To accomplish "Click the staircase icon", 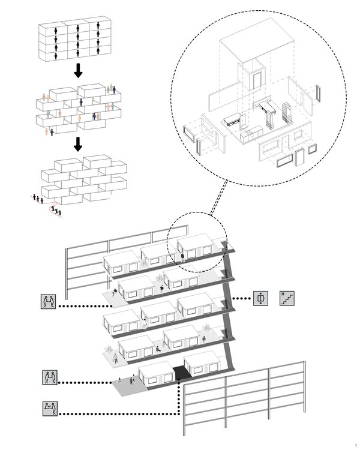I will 287,298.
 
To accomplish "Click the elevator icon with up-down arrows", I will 260,298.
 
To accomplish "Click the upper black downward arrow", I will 77,71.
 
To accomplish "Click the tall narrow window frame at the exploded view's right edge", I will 318,94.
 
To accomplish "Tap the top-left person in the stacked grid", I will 55,29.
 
